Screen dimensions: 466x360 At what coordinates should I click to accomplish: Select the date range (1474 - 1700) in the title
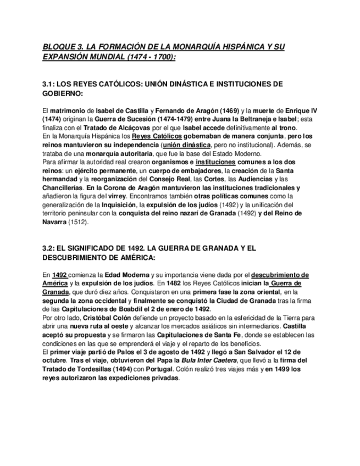(149, 57)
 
